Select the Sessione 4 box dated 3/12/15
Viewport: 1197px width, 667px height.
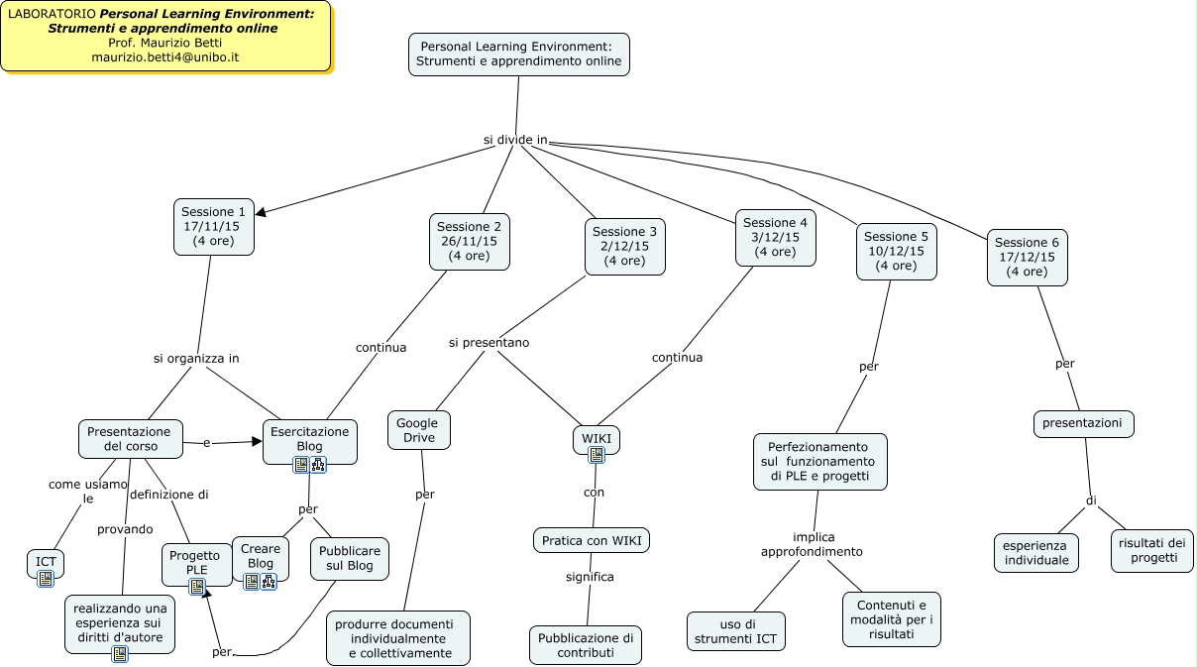coord(775,238)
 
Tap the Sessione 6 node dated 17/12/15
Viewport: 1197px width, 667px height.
coord(1027,257)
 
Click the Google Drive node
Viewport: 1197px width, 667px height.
coord(417,430)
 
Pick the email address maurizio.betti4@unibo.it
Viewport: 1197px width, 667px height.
coord(165,57)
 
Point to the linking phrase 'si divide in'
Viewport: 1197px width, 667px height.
coord(515,140)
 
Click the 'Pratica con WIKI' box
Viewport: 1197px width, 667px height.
coord(592,540)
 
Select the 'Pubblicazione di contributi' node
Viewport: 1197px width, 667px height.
coord(585,645)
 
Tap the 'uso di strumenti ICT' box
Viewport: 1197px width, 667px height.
coord(735,631)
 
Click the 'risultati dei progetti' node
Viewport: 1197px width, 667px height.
coord(1151,550)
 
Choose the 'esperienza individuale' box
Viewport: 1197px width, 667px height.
coord(1035,553)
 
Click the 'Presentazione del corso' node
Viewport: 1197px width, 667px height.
coord(129,439)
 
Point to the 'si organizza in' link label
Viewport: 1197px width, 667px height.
coord(196,358)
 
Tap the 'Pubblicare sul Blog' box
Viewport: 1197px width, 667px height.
coord(349,558)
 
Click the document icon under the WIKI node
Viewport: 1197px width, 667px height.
coord(596,455)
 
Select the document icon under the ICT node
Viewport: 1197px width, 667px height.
coord(46,578)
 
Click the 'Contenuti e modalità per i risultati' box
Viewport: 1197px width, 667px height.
coord(891,619)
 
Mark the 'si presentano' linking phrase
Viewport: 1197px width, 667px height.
coord(489,343)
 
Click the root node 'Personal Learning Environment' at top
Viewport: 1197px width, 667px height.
coord(518,54)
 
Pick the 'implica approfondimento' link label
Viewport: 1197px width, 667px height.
coord(812,544)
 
